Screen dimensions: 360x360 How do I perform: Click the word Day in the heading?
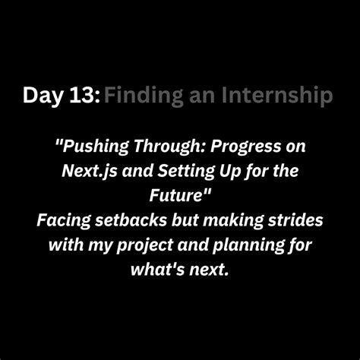(x=42, y=96)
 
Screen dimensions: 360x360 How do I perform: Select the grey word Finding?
(x=144, y=96)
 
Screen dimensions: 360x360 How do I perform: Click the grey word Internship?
(x=277, y=96)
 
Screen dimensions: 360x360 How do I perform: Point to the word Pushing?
(x=92, y=147)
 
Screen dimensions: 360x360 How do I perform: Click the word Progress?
(x=245, y=147)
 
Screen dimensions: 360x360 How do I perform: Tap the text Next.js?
(x=90, y=171)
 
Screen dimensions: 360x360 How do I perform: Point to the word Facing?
(x=64, y=220)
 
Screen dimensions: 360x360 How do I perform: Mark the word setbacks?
(x=131, y=220)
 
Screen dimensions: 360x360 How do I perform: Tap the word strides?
(x=295, y=220)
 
